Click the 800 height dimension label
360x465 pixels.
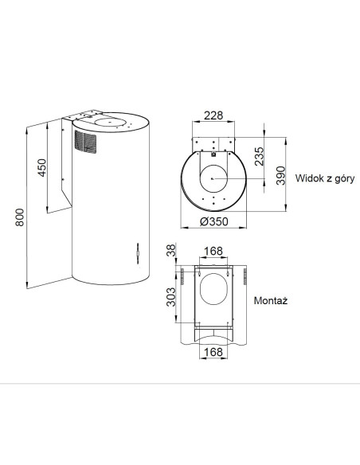point(20,217)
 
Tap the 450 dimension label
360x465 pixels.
point(42,168)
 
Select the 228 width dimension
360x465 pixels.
point(213,115)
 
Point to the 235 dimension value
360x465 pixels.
point(259,156)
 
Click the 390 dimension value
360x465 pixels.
point(280,175)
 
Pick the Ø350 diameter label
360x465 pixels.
point(214,221)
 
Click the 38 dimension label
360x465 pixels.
point(171,251)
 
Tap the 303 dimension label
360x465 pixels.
point(171,297)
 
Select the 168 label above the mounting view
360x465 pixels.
point(213,252)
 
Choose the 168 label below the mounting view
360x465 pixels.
point(213,352)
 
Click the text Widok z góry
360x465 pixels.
point(325,178)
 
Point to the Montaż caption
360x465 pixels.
point(271,301)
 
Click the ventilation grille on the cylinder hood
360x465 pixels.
point(85,142)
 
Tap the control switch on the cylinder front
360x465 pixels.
point(138,253)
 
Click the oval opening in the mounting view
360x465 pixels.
point(213,290)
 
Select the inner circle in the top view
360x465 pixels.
point(213,178)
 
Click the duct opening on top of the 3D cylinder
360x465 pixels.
point(110,122)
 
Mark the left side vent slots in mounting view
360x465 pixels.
point(182,276)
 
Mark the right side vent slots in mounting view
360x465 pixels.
point(245,276)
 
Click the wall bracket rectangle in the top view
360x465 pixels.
point(213,145)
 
